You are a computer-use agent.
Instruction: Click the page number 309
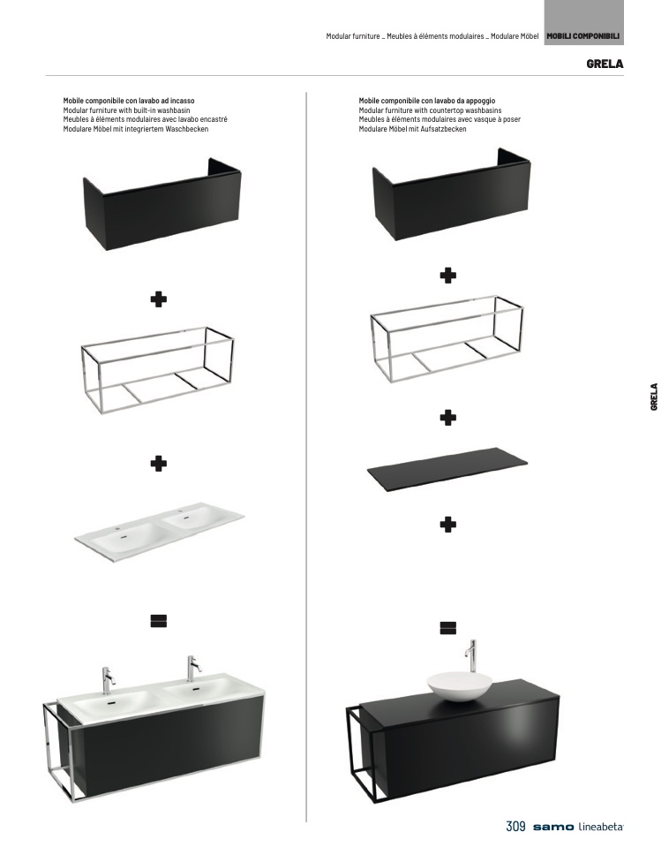515,827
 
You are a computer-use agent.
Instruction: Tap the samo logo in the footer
553,828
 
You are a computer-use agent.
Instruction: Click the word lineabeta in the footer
600,827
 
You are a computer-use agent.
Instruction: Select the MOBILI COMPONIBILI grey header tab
583,36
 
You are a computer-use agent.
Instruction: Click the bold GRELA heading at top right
605,64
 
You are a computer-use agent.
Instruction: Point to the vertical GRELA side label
654,397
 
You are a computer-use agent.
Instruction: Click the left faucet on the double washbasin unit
108,680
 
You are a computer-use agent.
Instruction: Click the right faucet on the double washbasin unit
192,669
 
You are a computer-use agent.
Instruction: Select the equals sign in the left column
159,621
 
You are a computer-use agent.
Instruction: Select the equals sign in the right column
447,628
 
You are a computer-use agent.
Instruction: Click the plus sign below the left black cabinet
159,299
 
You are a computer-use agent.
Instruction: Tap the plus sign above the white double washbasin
159,464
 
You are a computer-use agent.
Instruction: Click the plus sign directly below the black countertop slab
447,525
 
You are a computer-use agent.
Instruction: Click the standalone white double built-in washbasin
159,532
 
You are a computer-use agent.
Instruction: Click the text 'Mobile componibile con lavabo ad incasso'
129,101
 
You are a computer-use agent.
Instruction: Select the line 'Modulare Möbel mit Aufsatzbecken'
412,129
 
